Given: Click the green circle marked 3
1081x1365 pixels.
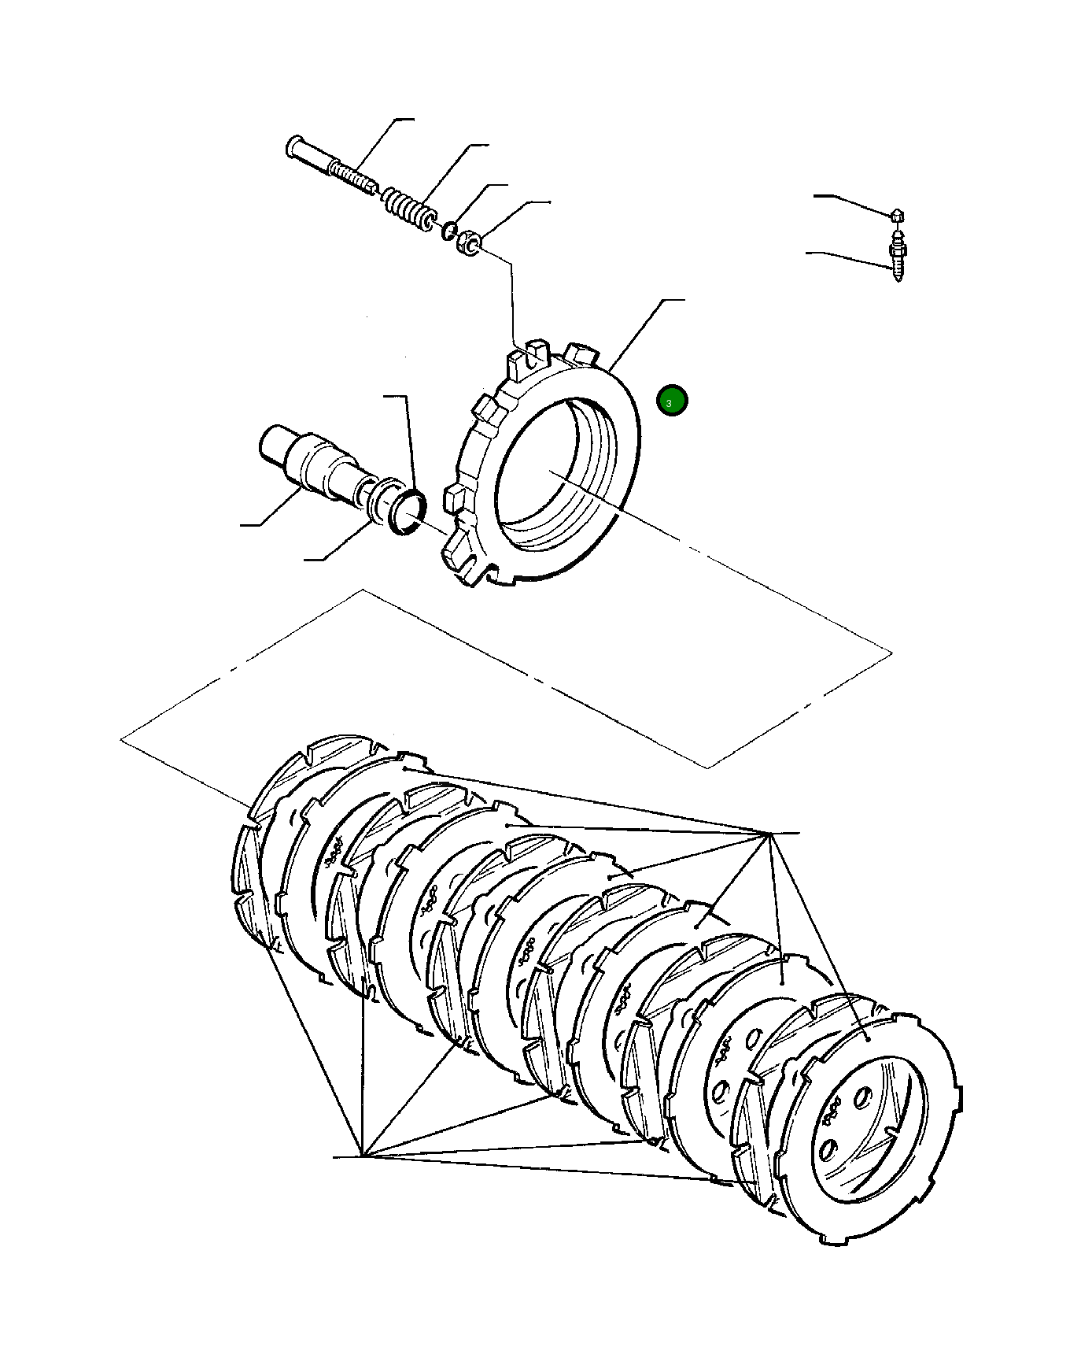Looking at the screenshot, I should click(x=671, y=401).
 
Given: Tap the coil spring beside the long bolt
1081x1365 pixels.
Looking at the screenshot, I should click(x=408, y=206).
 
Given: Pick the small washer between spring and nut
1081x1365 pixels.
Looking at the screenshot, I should click(x=448, y=231).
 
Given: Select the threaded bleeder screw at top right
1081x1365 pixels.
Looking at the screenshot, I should click(x=897, y=257).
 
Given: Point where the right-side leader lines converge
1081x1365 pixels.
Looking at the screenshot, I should click(x=766, y=833).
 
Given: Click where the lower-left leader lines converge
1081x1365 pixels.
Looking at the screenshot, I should click(x=361, y=1156).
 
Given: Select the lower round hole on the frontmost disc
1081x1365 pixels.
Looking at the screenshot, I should click(x=826, y=1152).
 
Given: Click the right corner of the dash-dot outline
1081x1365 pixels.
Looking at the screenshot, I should click(x=892, y=653).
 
